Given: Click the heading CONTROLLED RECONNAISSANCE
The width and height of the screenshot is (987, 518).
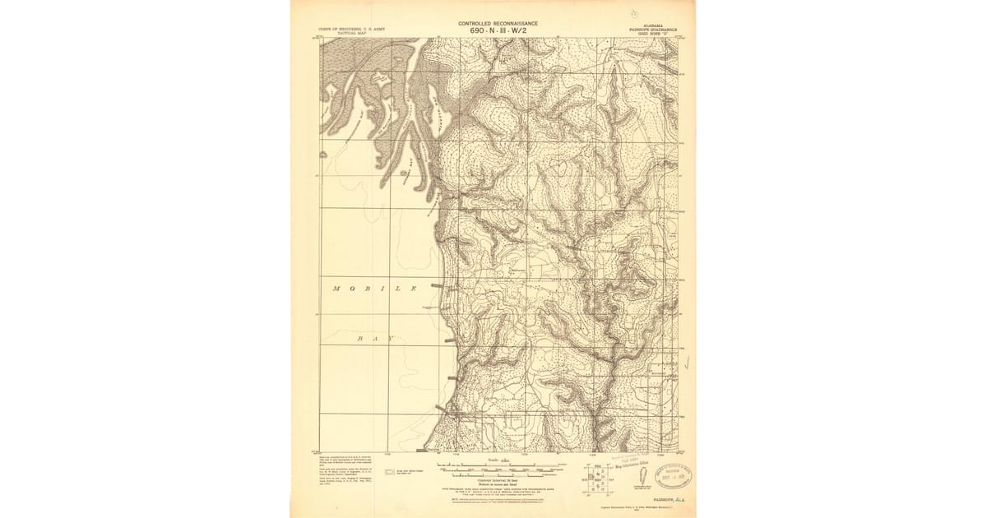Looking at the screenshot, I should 499,24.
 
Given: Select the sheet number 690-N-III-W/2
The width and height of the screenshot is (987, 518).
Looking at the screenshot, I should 499,31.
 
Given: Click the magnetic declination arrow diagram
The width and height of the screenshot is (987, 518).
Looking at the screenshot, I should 640,481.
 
